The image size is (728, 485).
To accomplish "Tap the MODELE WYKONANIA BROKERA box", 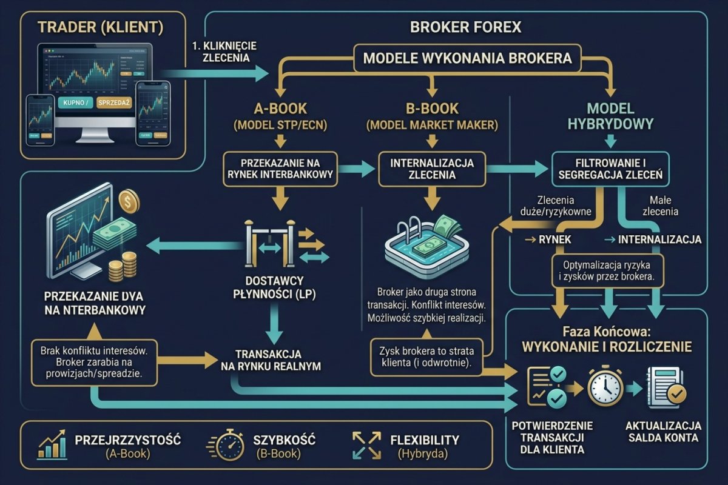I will pyautogui.click(x=467, y=59).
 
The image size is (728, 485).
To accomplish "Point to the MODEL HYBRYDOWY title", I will pyautogui.click(x=611, y=116).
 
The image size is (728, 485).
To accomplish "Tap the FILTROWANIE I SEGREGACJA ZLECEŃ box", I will pyautogui.click(x=610, y=169).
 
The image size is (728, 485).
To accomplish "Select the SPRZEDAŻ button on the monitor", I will pyautogui.click(x=114, y=103).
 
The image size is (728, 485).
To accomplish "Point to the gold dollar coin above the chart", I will pyautogui.click(x=128, y=201).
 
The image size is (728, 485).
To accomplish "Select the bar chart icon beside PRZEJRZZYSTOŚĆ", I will pyautogui.click(x=52, y=446).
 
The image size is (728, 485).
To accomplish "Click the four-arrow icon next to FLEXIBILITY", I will pyautogui.click(x=366, y=446).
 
